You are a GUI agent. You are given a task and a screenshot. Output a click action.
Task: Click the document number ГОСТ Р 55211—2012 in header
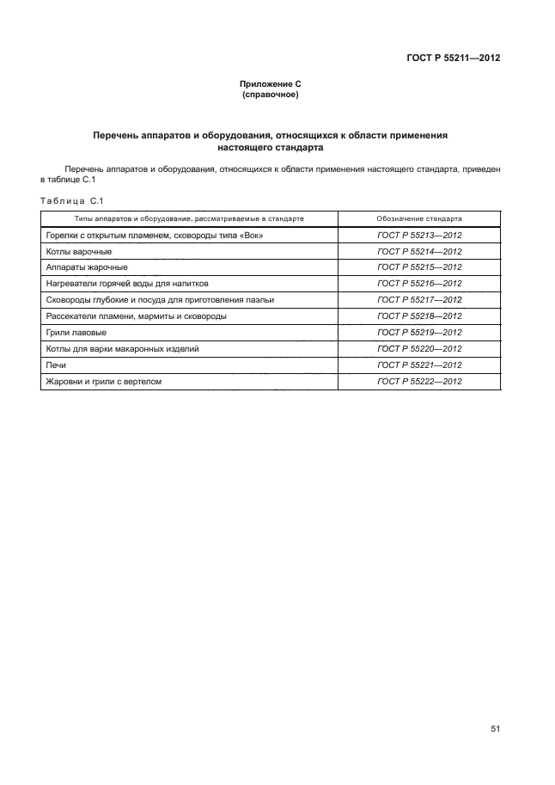[453, 58]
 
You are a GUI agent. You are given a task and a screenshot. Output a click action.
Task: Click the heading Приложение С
[271, 83]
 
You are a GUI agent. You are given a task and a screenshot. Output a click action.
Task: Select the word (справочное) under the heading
[271, 94]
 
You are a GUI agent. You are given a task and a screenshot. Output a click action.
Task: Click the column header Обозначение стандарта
[419, 218]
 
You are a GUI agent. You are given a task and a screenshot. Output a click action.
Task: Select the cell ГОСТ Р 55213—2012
[419, 235]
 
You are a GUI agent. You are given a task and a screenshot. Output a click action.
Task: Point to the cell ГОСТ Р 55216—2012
[419, 283]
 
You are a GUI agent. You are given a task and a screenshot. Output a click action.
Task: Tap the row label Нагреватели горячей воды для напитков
[126, 283]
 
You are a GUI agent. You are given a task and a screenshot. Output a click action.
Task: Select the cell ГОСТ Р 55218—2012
[419, 316]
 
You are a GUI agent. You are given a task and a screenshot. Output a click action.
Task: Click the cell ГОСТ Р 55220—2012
[419, 348]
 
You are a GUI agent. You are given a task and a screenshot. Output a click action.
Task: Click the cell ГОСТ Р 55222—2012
[419, 381]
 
